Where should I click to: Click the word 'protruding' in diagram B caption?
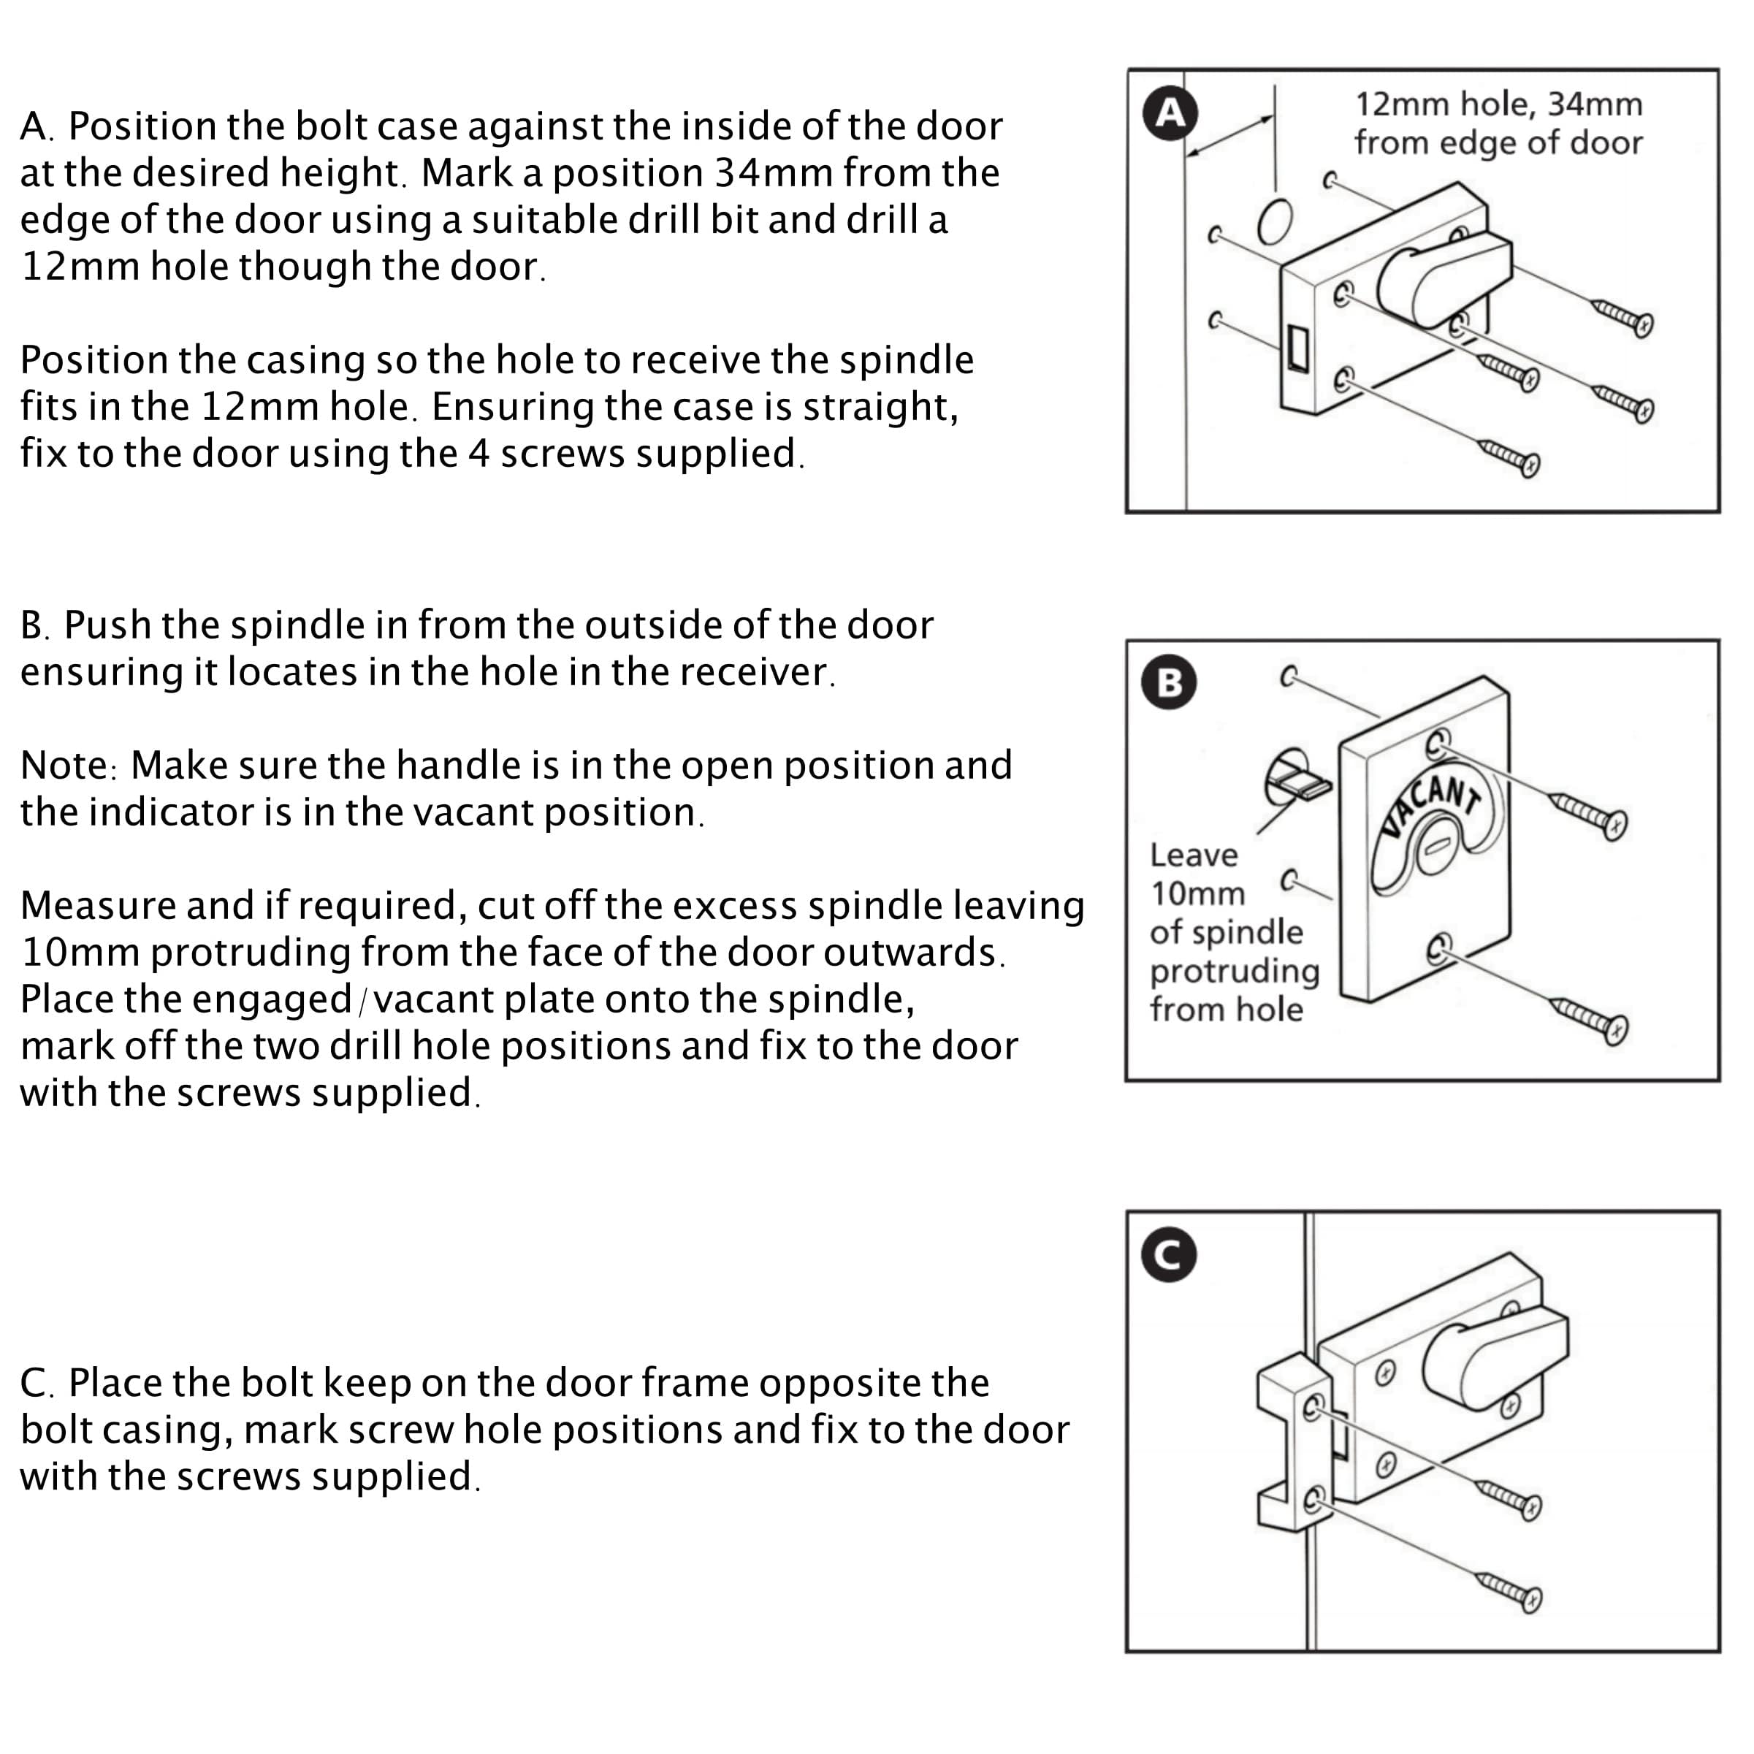tap(1234, 972)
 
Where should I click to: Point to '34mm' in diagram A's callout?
tap(1594, 104)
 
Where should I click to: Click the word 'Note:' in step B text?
tap(68, 766)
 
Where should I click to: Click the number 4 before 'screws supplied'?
tap(479, 454)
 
